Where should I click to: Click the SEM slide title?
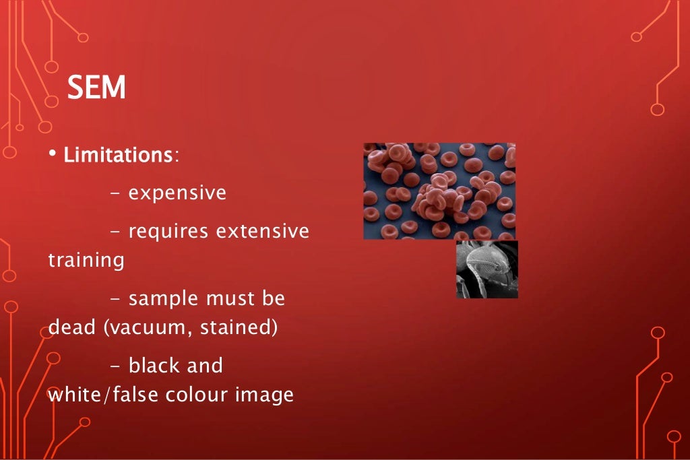(96, 88)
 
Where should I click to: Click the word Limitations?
(118, 155)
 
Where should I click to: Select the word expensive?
(177, 193)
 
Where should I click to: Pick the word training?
(86, 261)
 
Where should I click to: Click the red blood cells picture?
(439, 191)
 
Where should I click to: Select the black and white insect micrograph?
(487, 269)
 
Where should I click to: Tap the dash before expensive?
(115, 194)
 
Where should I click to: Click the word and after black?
(205, 366)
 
